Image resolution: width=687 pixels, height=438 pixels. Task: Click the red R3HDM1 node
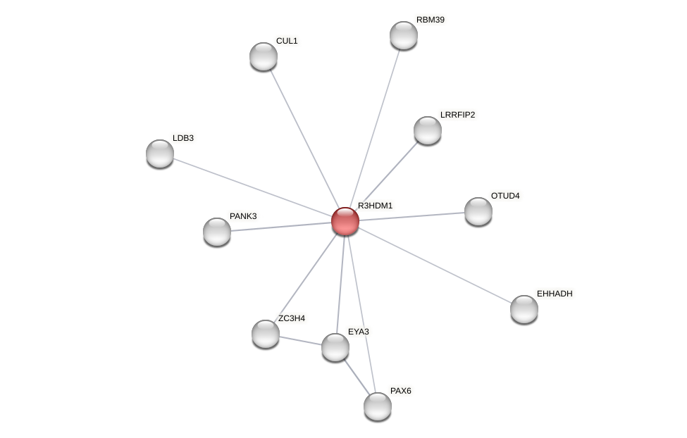pyautogui.click(x=345, y=221)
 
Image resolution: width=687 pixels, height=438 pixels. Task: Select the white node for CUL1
pyautogui.click(x=264, y=56)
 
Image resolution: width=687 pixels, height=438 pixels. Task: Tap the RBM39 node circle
pyautogui.click(x=404, y=35)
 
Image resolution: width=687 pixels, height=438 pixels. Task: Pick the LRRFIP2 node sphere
pyautogui.click(x=428, y=130)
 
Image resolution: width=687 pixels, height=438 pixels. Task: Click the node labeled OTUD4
pyautogui.click(x=478, y=211)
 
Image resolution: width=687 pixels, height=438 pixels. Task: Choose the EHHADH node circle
pyautogui.click(x=524, y=309)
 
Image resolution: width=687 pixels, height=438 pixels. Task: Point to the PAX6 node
pyautogui.click(x=378, y=406)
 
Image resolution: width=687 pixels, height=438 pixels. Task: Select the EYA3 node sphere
pyautogui.click(x=335, y=347)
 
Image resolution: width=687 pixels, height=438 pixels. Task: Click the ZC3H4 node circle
pyautogui.click(x=266, y=334)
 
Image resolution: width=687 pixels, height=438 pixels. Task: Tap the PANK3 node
pyautogui.click(x=217, y=232)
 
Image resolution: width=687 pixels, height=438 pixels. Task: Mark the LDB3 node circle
pyautogui.click(x=160, y=154)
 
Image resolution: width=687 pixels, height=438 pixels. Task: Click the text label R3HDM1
pyautogui.click(x=375, y=206)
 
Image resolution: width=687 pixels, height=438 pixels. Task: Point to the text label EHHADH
pyautogui.click(x=555, y=294)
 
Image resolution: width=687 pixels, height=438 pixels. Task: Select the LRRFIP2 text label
pyautogui.click(x=457, y=115)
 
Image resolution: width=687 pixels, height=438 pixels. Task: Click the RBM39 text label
pyautogui.click(x=430, y=20)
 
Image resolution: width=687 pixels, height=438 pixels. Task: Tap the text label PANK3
pyautogui.click(x=243, y=216)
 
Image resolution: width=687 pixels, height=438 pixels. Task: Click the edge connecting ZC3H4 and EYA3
pyautogui.click(x=300, y=341)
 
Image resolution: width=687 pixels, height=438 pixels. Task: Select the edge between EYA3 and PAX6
pyautogui.click(x=357, y=377)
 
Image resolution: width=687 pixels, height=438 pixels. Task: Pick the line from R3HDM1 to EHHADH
pyautogui.click(x=435, y=265)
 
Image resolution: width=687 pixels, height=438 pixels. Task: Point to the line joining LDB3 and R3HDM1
pyautogui.click(x=252, y=187)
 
